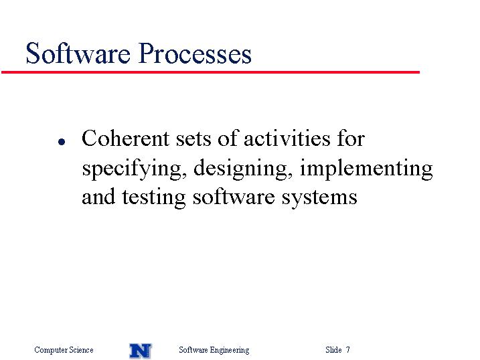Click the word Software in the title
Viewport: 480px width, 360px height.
78,54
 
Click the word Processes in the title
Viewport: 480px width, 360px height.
195,54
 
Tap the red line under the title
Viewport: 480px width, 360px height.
210,72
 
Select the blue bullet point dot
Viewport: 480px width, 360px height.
62,142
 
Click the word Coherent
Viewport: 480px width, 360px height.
125,139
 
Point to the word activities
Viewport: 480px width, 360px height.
287,139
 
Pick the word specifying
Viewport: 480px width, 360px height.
135,169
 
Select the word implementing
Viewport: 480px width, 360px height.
366,169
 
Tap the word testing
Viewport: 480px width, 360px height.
154,198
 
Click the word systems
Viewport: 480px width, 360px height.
319,198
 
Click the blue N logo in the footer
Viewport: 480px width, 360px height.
141,351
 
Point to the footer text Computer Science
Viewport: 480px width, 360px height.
64,349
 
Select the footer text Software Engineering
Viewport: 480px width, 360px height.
214,350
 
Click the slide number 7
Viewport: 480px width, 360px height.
347,349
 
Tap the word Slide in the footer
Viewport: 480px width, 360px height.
333,349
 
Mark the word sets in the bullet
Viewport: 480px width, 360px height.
193,139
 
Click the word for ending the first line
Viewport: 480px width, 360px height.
351,139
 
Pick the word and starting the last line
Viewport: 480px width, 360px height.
98,197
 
